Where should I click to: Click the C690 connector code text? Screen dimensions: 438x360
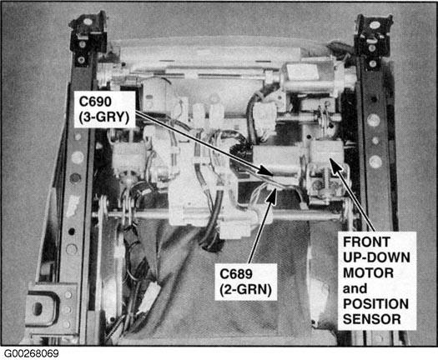click(95, 102)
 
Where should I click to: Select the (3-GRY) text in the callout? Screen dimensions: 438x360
click(104, 117)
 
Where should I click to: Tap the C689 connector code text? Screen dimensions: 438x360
click(236, 274)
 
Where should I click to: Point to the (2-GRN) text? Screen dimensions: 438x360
click(245, 290)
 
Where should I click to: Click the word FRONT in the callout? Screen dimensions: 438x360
click(366, 242)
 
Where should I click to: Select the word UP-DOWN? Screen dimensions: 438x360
click(376, 257)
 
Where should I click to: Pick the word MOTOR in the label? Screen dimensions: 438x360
click(368, 273)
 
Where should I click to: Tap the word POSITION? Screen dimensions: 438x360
click(375, 304)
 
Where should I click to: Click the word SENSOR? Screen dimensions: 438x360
click(372, 319)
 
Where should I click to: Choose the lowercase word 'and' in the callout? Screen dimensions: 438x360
click(355, 288)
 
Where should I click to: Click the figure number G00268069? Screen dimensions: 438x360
click(32, 353)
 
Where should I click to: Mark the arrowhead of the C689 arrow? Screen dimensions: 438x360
click(272, 194)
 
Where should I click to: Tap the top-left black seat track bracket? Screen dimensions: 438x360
click(88, 37)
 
